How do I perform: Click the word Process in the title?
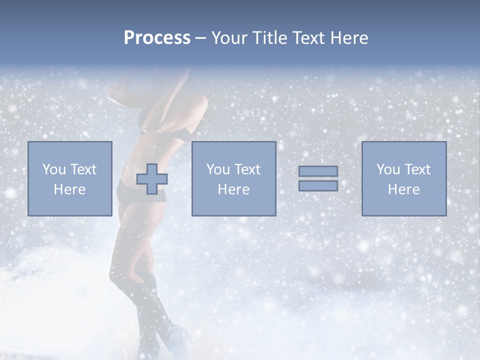157,38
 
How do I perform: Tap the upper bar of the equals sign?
318,171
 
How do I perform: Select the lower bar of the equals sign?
318,185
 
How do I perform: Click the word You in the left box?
54,169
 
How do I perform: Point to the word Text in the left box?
83,169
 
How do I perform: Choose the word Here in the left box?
69,189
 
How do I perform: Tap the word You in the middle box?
218,169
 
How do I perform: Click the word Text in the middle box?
247,169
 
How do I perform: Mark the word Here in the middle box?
233,189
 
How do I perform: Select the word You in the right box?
388,169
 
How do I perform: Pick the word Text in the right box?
417,169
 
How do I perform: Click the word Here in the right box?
403,189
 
